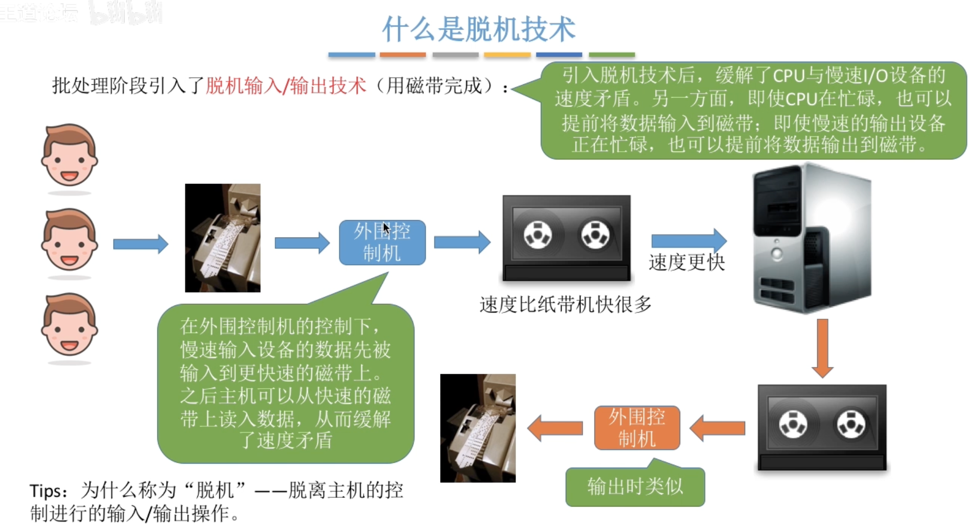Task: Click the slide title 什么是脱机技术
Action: point(479,29)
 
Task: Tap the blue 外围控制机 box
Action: point(382,243)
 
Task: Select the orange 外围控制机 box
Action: point(637,428)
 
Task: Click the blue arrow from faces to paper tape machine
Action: point(141,244)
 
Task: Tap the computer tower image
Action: point(812,238)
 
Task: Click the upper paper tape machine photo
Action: point(223,238)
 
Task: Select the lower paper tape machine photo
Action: point(478,428)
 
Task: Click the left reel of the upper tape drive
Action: point(538,235)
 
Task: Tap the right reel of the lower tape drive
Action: point(851,424)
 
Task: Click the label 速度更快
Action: point(687,262)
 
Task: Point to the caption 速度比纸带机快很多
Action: point(566,305)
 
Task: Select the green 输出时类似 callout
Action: point(635,486)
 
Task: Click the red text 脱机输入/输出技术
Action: point(286,86)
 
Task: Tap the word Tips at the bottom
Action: point(45,491)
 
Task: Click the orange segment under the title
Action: point(403,55)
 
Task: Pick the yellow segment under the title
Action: point(507,55)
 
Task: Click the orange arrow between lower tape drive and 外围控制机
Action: point(717,428)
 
